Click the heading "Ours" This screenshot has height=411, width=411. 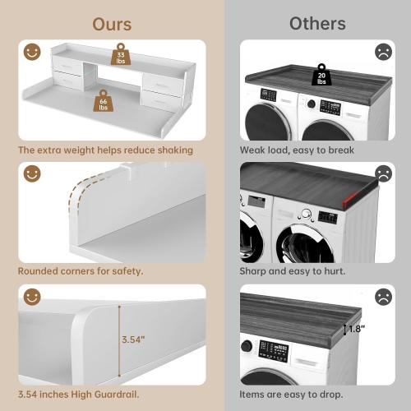pos(112,23)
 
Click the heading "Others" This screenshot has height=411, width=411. pos(316,23)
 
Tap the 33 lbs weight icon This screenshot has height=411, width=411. pos(121,54)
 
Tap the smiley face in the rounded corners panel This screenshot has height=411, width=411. pos(32,174)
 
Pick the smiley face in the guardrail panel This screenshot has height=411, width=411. pos(32,297)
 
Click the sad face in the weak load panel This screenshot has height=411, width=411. pos(382,52)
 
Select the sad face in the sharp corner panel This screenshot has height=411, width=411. pos(382,174)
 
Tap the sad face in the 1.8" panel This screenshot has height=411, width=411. pos(382,297)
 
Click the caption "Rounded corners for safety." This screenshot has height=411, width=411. pos(81,270)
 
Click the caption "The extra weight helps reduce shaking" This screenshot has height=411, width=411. pos(105,150)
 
